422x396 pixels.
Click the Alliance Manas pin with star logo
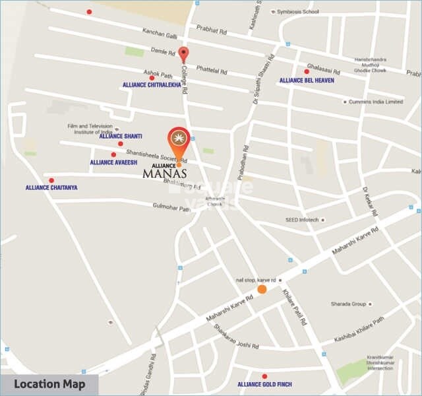(x=178, y=140)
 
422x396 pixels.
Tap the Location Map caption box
(x=49, y=385)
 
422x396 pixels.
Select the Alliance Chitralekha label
(x=152, y=85)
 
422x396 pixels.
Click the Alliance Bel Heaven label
(x=307, y=81)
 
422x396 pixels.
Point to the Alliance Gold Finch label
(x=264, y=384)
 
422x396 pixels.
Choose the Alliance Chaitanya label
(x=51, y=187)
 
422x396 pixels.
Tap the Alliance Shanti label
(x=121, y=136)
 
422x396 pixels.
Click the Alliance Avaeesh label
(x=113, y=162)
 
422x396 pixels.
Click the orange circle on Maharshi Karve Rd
(x=262, y=289)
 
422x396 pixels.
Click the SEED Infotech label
(x=302, y=220)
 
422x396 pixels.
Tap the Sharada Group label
(x=349, y=304)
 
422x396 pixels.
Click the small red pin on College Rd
(x=184, y=55)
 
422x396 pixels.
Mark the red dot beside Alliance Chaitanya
(x=51, y=180)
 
